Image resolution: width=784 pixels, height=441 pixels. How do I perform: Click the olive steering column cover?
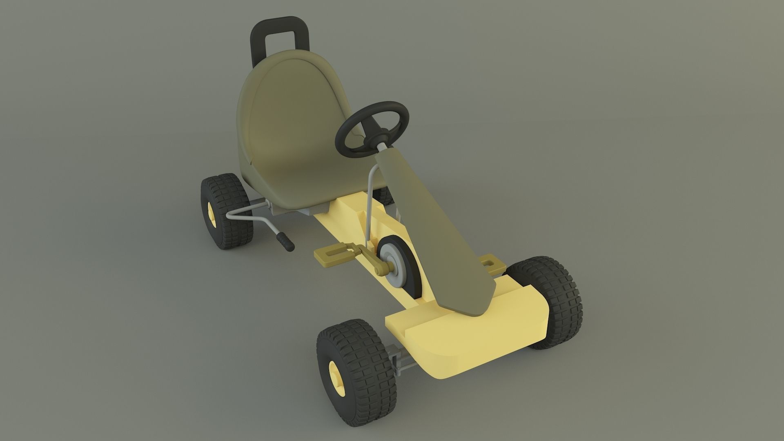(x=425, y=229)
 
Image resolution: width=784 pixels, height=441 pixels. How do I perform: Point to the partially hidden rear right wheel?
(x=384, y=195)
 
